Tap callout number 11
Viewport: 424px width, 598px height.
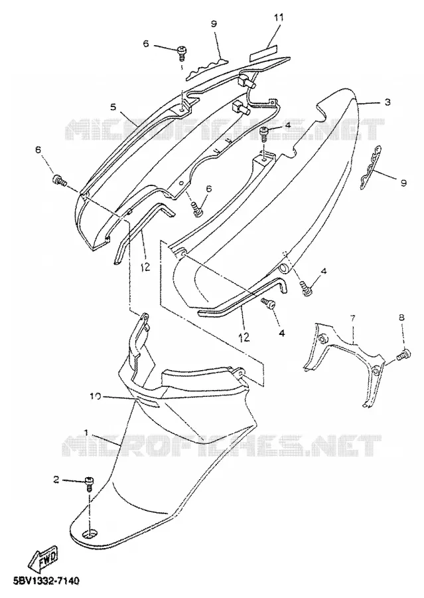[279, 17]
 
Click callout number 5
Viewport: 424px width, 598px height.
[113, 107]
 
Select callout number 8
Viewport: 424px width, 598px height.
[401, 318]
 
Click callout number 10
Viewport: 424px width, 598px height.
[96, 396]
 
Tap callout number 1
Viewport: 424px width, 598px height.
[86, 433]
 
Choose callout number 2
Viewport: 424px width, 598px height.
[56, 480]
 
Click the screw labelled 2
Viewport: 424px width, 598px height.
[89, 484]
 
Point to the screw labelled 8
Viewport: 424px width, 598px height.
[403, 355]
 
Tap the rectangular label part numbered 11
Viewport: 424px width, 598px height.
[263, 52]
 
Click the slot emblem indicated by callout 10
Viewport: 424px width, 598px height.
[148, 402]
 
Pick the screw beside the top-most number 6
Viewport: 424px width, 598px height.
[182, 52]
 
